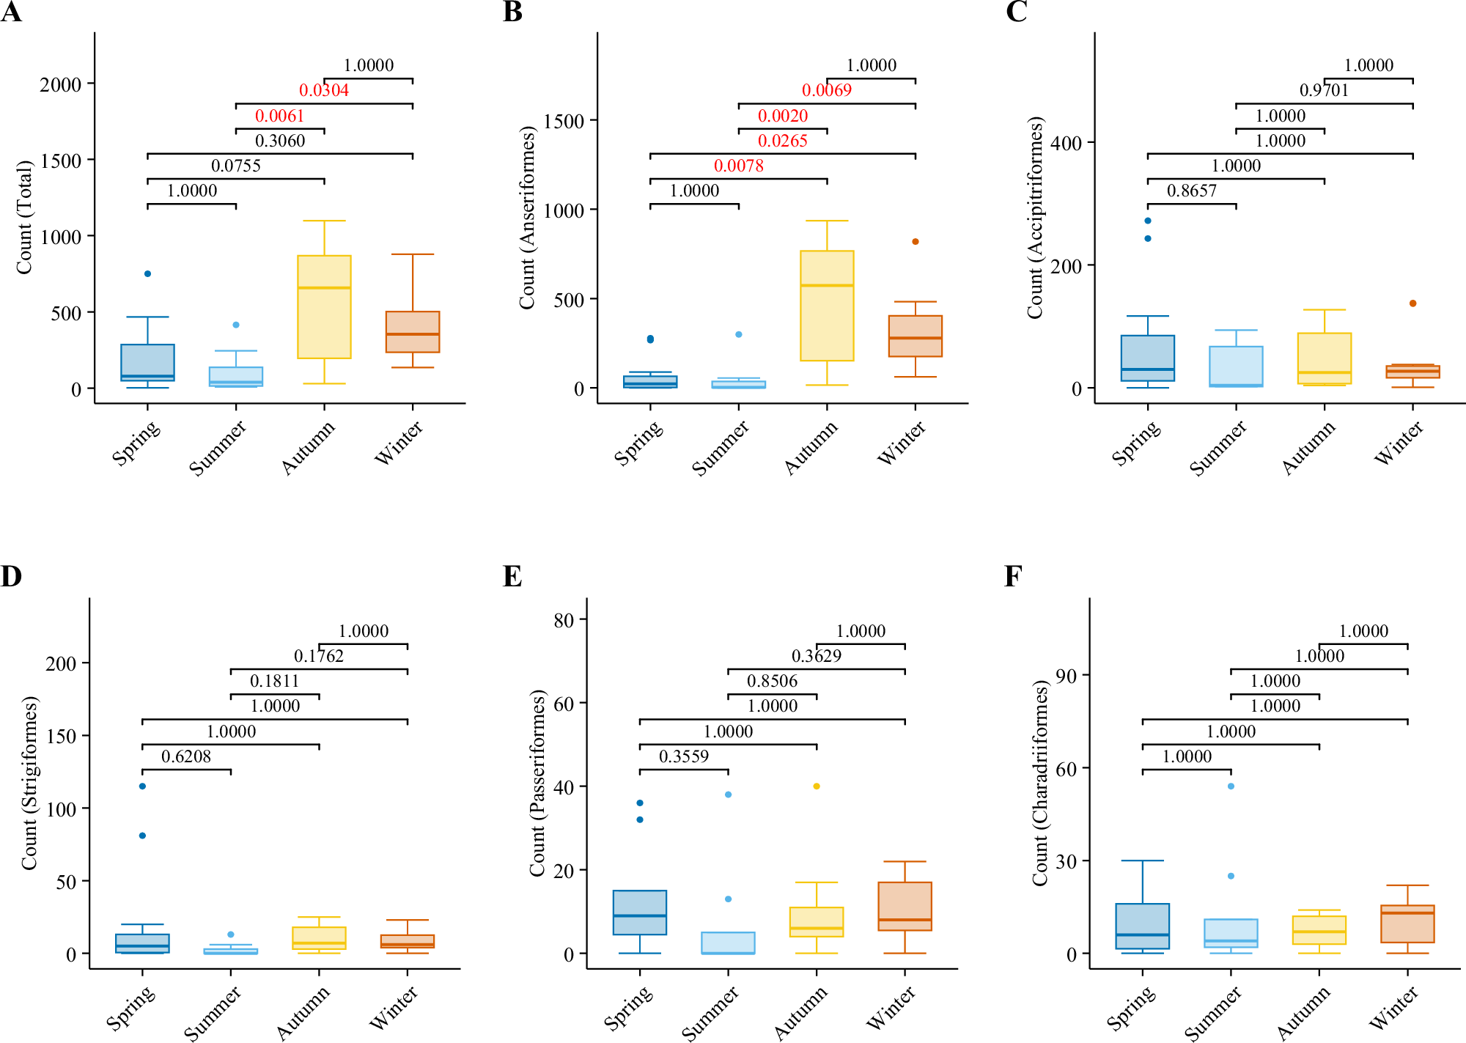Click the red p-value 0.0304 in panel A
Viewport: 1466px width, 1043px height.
(323, 90)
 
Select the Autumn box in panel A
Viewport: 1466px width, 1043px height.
(324, 307)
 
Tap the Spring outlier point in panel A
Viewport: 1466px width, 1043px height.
(147, 274)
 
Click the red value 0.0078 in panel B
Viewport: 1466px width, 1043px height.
(738, 166)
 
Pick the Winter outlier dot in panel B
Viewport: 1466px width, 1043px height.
(915, 242)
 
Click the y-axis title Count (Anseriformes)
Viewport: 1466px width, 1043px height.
(527, 218)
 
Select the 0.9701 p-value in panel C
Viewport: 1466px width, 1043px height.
(1324, 90)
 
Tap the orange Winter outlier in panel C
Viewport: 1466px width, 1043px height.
(1412, 303)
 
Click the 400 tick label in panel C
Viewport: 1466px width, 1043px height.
(1066, 144)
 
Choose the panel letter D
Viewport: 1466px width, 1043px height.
(11, 577)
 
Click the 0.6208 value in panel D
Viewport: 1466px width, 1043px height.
(186, 756)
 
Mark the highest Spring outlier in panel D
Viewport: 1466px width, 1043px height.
(142, 786)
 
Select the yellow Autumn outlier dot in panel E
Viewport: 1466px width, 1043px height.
(817, 786)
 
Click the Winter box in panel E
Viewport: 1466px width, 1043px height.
(905, 907)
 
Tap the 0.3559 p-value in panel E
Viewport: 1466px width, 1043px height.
(683, 756)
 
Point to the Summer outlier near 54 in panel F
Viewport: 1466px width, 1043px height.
(1231, 786)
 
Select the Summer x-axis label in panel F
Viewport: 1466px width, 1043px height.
(1213, 1014)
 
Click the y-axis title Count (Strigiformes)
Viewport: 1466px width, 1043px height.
(29, 784)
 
